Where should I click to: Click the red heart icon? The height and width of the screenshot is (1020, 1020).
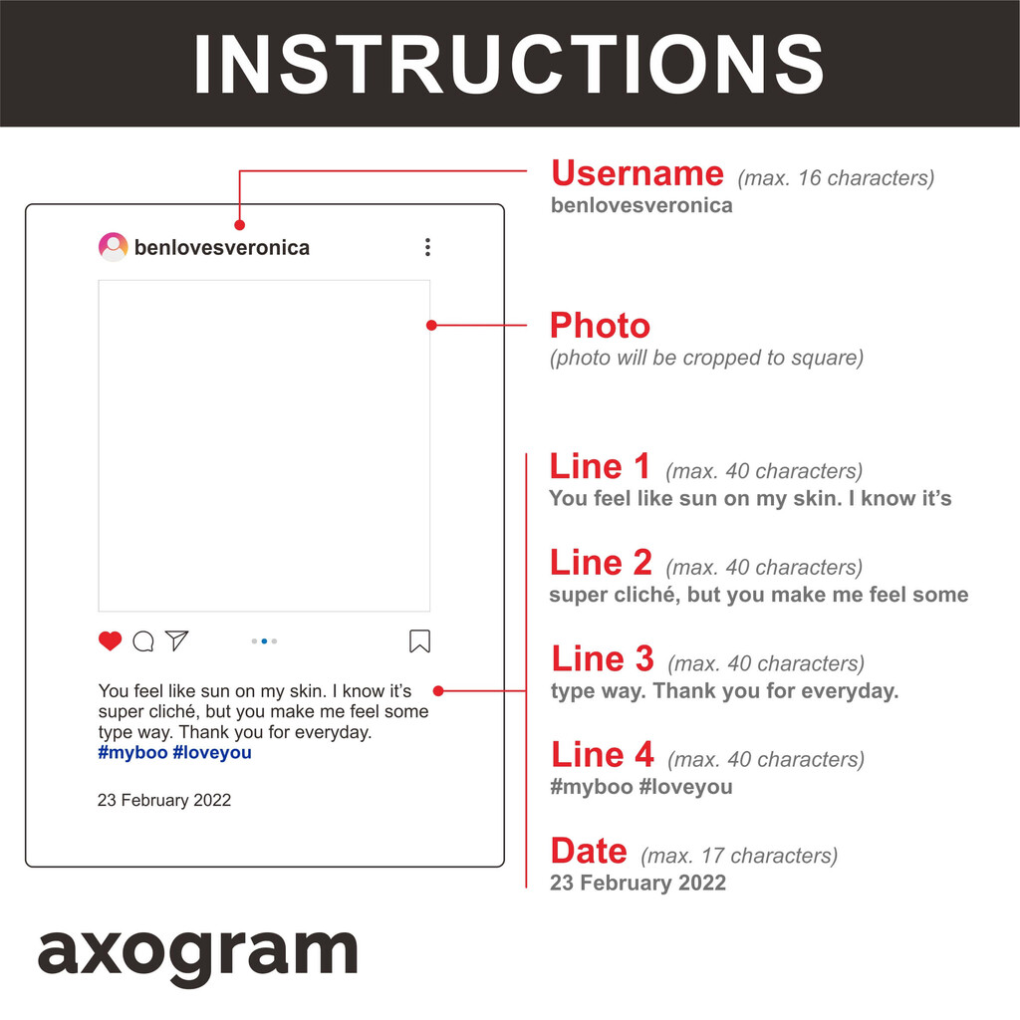tap(110, 640)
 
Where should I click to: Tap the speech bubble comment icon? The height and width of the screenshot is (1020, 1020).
tap(143, 641)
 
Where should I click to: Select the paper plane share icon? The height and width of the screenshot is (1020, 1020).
tap(177, 640)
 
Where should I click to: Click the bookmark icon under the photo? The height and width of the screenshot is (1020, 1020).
tap(419, 640)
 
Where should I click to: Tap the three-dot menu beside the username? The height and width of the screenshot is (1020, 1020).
tap(427, 247)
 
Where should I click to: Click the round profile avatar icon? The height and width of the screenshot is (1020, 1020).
tap(114, 247)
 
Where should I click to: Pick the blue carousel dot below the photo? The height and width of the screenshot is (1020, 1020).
tap(264, 641)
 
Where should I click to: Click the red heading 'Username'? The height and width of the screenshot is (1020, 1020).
tap(637, 173)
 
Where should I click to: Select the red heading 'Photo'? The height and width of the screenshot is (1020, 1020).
tap(600, 326)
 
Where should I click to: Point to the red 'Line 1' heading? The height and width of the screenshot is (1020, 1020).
tap(600, 466)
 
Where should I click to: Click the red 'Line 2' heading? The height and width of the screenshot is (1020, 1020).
tap(601, 563)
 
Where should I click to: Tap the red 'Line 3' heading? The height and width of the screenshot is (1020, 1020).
tap(603, 659)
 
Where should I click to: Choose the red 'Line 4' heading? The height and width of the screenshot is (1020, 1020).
tap(603, 755)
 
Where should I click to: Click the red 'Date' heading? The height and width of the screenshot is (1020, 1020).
tap(589, 851)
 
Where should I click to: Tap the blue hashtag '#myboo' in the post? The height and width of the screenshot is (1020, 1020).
tap(132, 753)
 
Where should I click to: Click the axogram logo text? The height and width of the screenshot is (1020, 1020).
tap(198, 955)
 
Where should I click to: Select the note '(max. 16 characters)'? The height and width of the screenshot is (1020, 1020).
tap(836, 178)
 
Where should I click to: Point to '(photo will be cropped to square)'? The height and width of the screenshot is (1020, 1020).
tap(706, 358)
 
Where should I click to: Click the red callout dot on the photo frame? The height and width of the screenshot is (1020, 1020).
tap(431, 326)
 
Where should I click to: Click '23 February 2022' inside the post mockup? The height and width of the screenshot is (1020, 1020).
tap(164, 800)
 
